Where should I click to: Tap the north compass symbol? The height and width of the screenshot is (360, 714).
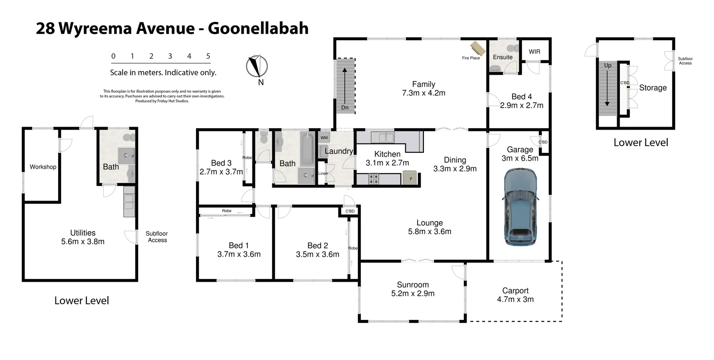[x=257, y=67]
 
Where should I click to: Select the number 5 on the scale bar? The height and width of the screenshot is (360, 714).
[x=208, y=56]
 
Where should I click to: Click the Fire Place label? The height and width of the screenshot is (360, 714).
[x=471, y=58]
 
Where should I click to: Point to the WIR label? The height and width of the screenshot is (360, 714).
[x=534, y=52]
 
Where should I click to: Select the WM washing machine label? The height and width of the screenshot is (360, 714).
[x=324, y=138]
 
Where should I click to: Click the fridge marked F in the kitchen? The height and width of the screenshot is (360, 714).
[x=411, y=178]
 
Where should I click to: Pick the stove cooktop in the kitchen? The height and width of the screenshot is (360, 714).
[x=374, y=179]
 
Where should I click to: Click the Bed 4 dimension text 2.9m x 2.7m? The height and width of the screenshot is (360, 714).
[x=521, y=106]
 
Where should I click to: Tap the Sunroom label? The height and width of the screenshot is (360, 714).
[x=412, y=285]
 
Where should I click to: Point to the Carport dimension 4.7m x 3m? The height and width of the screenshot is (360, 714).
[x=515, y=299]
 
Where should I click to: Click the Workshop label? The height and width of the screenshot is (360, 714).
[x=43, y=167]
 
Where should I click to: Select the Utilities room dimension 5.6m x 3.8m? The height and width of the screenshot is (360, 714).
[x=83, y=241]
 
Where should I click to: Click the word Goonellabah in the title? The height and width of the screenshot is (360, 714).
[x=258, y=28]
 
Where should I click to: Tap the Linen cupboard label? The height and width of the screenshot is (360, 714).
[x=323, y=173]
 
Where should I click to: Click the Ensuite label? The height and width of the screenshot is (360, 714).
[x=502, y=57]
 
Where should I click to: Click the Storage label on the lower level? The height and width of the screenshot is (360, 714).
[x=653, y=88]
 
